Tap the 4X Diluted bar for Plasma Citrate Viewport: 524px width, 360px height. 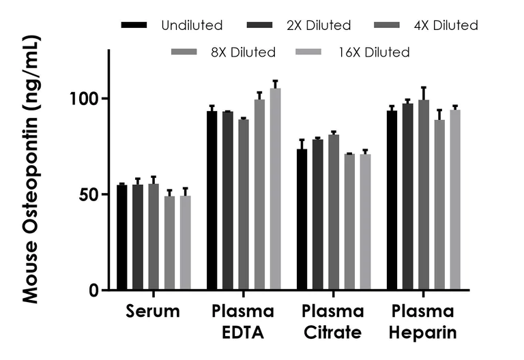click(x=334, y=212)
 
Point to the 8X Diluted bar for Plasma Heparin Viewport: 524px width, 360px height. click(x=439, y=205)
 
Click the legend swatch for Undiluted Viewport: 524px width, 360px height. click(x=134, y=25)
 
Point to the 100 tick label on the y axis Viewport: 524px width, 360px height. click(x=86, y=99)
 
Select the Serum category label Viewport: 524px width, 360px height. click(x=153, y=312)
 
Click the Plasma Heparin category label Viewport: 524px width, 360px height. click(x=423, y=322)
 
